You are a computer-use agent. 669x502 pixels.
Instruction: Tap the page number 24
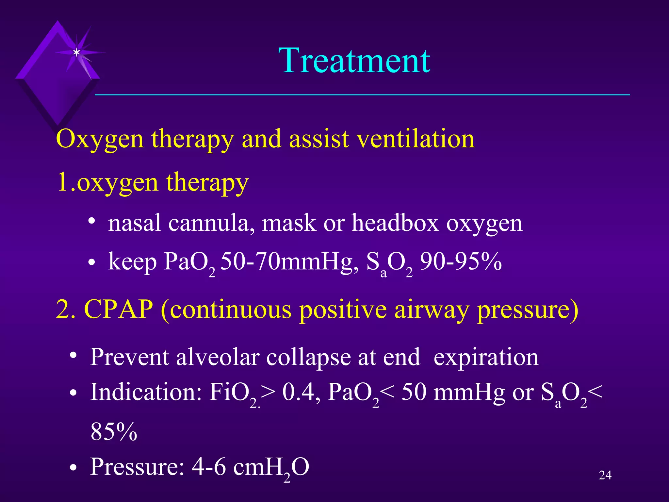click(x=605, y=475)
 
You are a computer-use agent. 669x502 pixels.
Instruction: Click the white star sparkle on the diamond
click(x=76, y=52)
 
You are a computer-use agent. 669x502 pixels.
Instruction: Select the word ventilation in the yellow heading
click(x=416, y=139)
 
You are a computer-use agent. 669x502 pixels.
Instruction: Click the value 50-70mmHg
click(x=289, y=262)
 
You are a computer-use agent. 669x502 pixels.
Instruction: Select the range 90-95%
click(x=461, y=262)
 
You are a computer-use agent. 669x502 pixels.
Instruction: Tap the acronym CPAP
click(x=119, y=309)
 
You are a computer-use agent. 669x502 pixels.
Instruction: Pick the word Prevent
click(x=129, y=357)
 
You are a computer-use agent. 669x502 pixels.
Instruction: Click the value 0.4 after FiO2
click(x=298, y=392)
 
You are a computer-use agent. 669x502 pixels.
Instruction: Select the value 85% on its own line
click(x=114, y=432)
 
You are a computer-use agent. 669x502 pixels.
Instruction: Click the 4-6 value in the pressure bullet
click(x=208, y=467)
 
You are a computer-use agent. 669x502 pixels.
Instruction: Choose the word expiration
click(x=486, y=358)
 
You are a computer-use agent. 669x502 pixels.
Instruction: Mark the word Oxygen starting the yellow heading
click(x=100, y=139)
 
